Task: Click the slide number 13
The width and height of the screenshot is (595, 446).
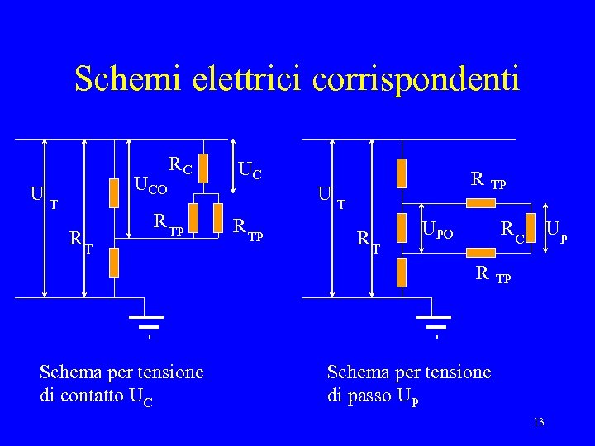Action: pos(538,423)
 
